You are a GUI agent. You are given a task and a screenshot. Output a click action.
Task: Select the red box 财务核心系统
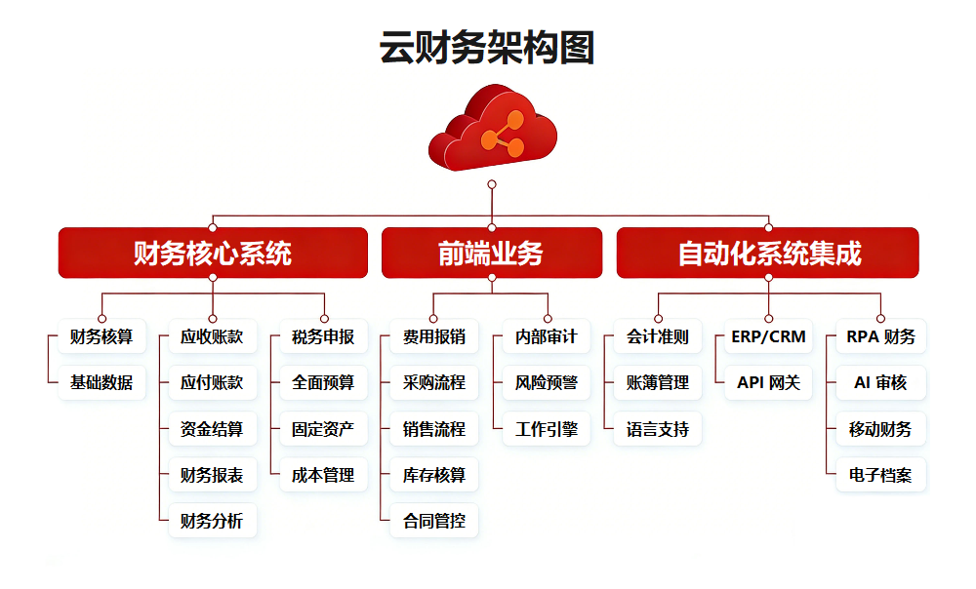click(213, 254)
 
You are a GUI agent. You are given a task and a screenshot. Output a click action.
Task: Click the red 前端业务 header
click(491, 254)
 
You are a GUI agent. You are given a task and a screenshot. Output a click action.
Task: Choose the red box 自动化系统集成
click(768, 254)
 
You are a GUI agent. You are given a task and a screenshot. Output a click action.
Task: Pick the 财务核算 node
click(102, 337)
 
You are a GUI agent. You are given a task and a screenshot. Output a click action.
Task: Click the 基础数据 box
click(102, 383)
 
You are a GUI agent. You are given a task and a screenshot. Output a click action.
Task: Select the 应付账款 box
click(212, 383)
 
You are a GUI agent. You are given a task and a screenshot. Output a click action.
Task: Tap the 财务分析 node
click(212, 521)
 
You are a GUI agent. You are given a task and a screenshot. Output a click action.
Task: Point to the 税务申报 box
click(323, 337)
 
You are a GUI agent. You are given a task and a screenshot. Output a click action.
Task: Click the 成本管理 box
click(323, 475)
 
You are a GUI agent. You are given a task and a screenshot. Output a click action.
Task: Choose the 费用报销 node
click(434, 337)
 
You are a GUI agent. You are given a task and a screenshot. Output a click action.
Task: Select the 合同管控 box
click(434, 521)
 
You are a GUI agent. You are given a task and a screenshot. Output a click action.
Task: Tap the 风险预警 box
click(547, 383)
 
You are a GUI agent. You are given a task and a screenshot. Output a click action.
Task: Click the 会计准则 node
click(658, 337)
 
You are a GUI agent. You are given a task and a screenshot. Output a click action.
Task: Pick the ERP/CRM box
click(769, 337)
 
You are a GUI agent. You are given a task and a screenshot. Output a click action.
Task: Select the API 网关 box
click(769, 383)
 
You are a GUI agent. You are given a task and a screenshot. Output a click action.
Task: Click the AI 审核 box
click(880, 383)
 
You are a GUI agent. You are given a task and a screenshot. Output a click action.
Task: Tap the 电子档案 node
click(880, 475)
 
